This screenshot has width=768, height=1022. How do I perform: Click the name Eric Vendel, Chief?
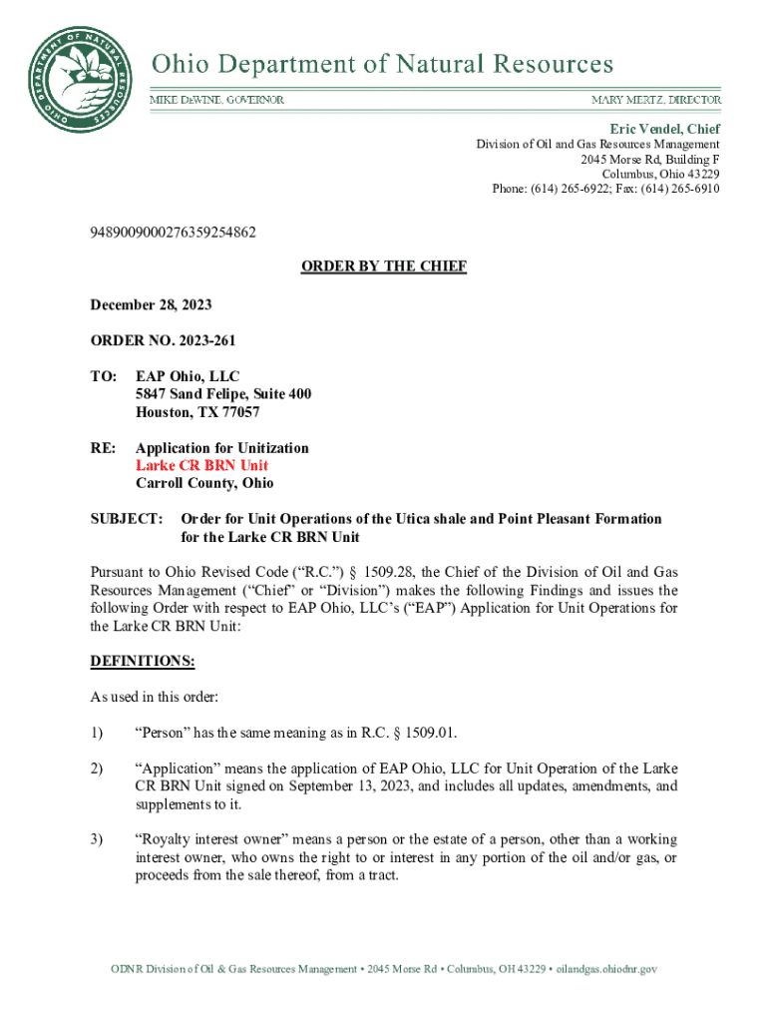[664, 129]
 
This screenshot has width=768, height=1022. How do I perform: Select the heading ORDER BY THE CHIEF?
[384, 266]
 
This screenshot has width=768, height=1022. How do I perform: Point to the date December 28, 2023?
[151, 304]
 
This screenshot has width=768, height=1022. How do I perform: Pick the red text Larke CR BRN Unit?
[201, 465]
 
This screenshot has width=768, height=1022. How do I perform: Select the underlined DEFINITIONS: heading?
[143, 662]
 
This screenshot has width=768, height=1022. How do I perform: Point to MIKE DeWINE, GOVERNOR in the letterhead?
[216, 101]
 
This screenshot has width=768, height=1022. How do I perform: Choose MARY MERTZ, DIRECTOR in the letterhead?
[655, 101]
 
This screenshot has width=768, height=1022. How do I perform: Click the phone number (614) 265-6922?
[576, 189]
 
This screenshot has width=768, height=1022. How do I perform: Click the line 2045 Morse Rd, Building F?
[650, 159]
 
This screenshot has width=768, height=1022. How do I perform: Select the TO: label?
[104, 376]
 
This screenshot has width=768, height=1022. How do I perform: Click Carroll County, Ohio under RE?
[204, 483]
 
